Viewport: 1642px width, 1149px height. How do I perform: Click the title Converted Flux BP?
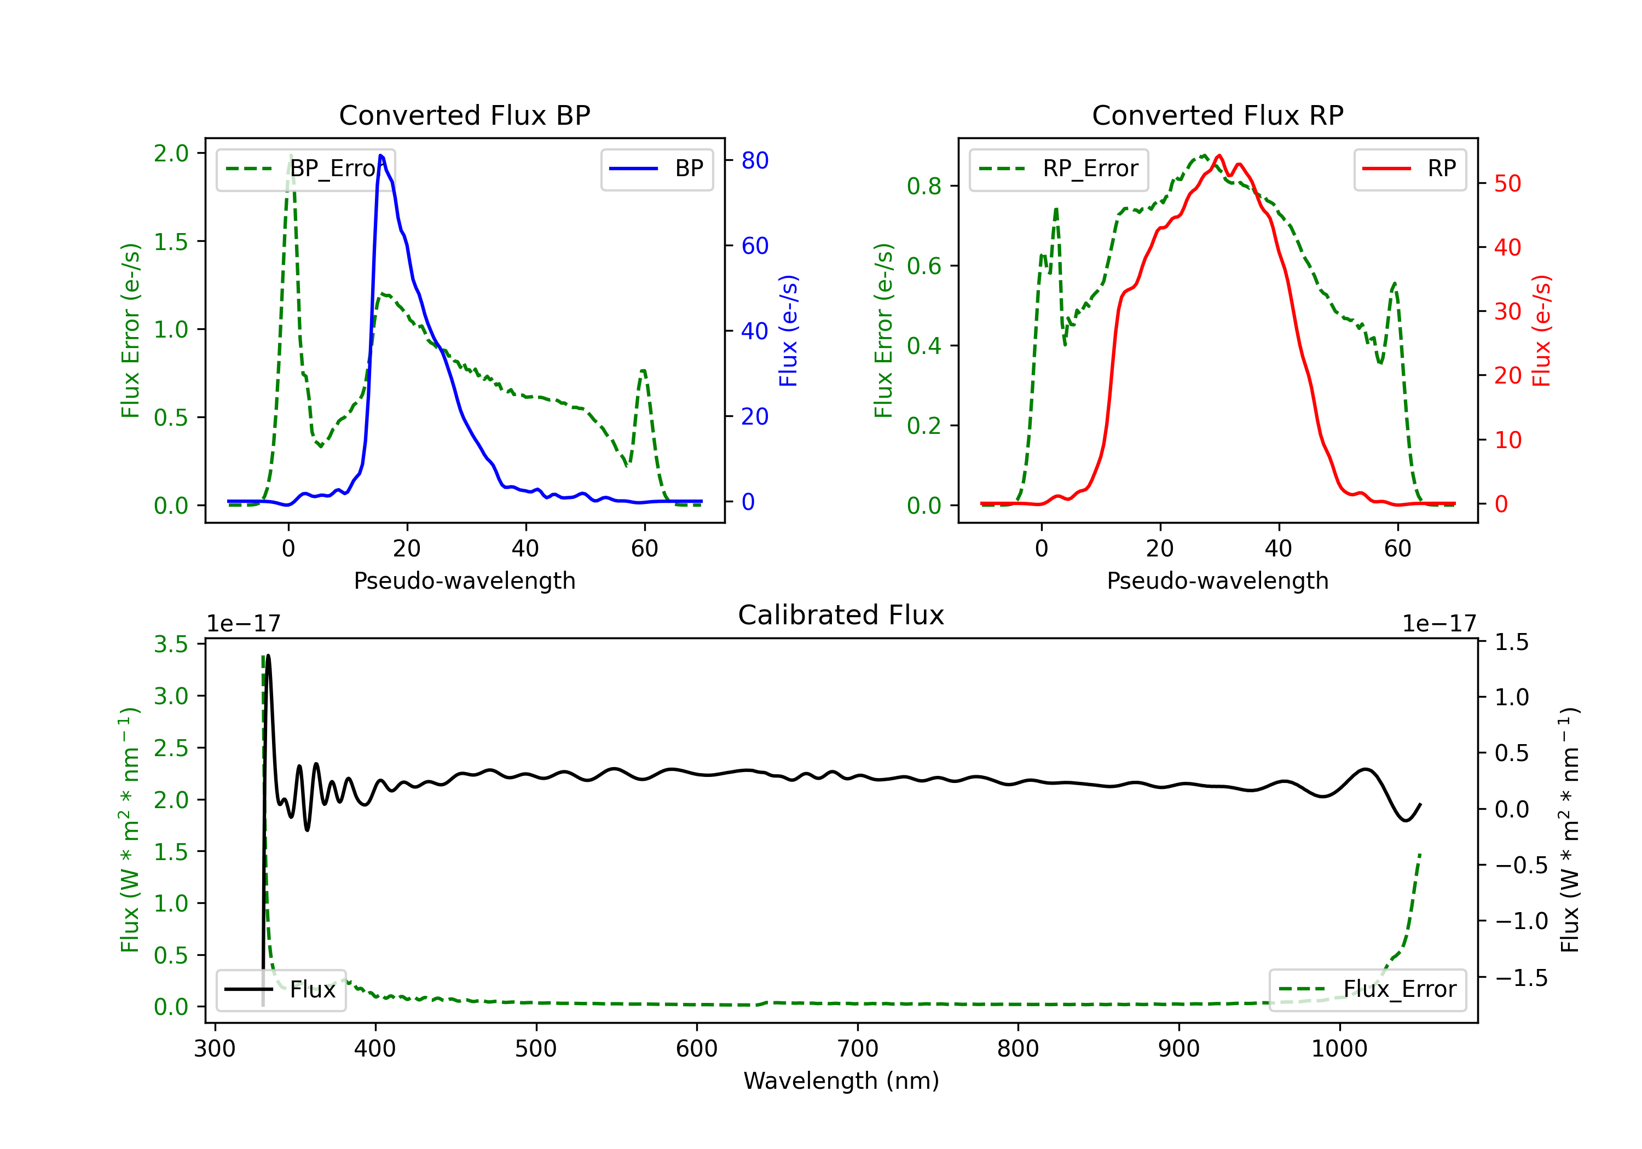(464, 115)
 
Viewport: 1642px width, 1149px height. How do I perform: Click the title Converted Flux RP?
(1217, 115)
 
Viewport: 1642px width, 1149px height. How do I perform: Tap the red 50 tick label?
(1507, 184)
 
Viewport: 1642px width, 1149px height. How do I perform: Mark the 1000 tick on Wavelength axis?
(1339, 1049)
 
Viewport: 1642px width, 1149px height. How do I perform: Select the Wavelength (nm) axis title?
(841, 1081)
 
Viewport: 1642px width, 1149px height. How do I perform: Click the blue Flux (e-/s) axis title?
(788, 330)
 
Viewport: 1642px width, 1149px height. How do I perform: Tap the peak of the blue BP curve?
(380, 156)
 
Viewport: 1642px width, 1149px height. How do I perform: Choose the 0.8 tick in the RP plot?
(923, 186)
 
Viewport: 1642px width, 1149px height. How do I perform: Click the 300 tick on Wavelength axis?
(215, 1049)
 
